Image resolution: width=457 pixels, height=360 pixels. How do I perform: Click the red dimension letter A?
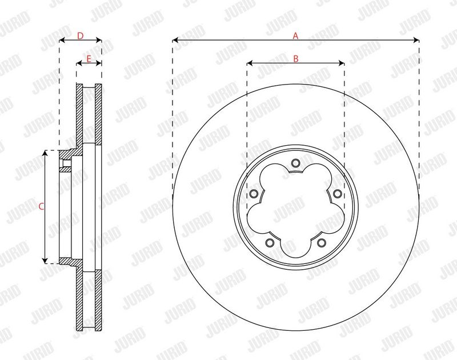click(295, 36)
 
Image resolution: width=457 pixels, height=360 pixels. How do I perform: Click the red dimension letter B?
click(296, 59)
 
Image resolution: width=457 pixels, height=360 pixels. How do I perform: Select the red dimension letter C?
click(41, 207)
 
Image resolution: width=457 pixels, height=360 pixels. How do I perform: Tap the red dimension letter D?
click(80, 36)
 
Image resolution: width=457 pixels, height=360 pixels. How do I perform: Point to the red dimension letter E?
click(89, 59)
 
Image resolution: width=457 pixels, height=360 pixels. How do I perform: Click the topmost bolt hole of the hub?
click(295, 163)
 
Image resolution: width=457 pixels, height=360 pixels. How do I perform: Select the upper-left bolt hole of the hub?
click(254, 193)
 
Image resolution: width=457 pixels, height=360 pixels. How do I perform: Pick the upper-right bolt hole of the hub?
click(337, 193)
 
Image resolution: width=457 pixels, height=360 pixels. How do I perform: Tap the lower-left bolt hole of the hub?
click(270, 242)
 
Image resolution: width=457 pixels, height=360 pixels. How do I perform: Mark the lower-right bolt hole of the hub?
click(322, 242)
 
